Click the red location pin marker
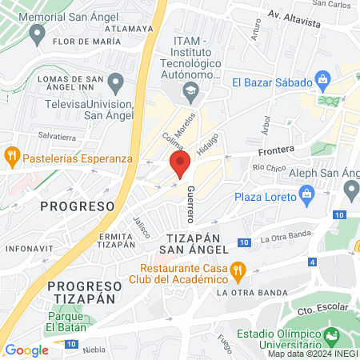(x=179, y=165)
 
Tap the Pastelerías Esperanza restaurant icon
(x=12, y=155)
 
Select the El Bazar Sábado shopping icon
(x=322, y=80)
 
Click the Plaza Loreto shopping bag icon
(x=306, y=195)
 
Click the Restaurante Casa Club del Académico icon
(x=237, y=273)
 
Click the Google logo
(x=26, y=350)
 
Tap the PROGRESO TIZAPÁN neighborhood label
(x=77, y=292)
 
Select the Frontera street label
(x=276, y=150)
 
